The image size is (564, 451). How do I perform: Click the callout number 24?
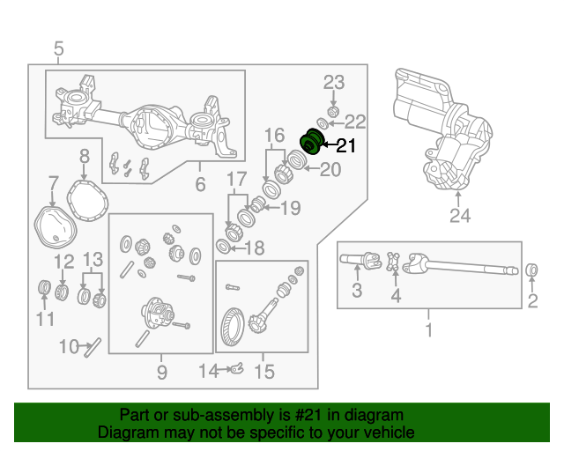point(458,216)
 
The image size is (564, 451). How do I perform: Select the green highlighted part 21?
point(312,141)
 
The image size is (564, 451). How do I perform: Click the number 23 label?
point(333,83)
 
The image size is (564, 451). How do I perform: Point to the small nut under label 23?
point(333,111)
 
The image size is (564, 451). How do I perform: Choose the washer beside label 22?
point(323,123)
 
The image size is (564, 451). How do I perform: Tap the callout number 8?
point(84,156)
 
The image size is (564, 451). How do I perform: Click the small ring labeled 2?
point(532,270)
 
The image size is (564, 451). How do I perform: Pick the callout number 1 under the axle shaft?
point(429,330)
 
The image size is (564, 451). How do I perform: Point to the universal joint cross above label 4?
point(395,261)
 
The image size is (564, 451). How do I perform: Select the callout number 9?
point(161,373)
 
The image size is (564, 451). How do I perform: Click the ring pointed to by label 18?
point(224,246)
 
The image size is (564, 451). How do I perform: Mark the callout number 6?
point(200,185)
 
